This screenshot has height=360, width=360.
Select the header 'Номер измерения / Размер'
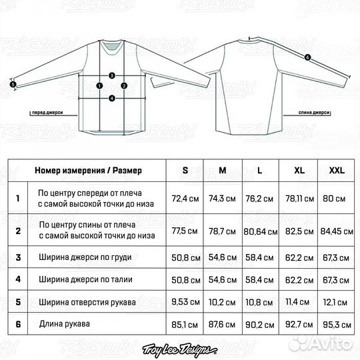89,171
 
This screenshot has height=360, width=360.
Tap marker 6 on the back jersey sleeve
307,57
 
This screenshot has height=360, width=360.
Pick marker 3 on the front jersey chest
112,75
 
